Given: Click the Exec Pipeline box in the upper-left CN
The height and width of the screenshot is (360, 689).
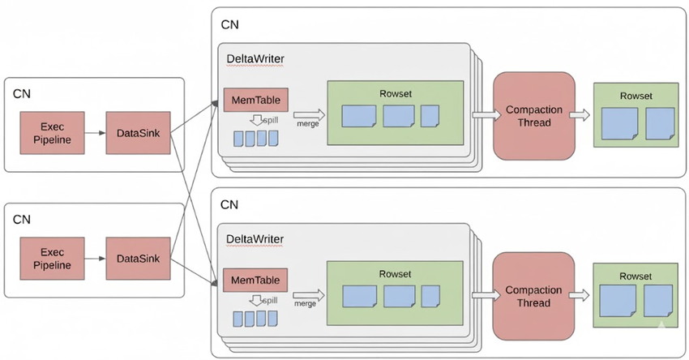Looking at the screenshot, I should pos(57,132).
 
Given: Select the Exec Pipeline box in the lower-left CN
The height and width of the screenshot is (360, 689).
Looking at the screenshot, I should pos(57,259).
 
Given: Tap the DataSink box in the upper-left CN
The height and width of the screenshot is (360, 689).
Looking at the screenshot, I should pos(138,132).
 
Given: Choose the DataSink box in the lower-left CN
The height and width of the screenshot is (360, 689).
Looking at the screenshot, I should pos(138,259).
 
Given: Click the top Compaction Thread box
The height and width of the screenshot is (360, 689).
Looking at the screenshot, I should pos(534,116).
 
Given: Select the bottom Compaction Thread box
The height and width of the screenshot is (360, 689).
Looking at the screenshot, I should pos(534,296).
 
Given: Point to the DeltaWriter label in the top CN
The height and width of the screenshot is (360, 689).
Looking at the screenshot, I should pos(255,59).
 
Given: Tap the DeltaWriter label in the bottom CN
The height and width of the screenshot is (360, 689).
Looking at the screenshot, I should pos(255,239).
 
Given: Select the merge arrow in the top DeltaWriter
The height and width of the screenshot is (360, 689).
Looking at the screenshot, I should pos(306,116).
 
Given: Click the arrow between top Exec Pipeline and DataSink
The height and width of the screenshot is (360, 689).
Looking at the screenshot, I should pos(96,132).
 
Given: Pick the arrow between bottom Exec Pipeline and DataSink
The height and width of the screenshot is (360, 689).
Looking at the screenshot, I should pos(96,259).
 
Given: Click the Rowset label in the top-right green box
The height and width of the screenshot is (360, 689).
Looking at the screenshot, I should pos(636,96).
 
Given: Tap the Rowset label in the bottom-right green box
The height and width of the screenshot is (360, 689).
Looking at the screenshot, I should pos(636,276).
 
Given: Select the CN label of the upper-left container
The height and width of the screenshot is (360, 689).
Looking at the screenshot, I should pos(22,92).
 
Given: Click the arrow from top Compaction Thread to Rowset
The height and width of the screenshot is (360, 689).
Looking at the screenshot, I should pos(580,116).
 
